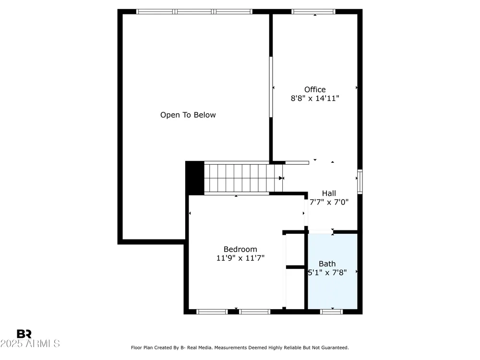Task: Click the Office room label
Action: (315, 89)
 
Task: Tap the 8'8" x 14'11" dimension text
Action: (315, 98)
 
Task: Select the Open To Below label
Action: (188, 115)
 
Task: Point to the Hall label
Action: (329, 193)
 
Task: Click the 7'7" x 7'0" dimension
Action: (329, 202)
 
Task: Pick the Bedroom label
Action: (240, 249)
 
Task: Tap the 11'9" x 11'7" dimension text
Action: (240, 258)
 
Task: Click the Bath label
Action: (327, 264)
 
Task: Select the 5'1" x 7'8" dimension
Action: (327, 273)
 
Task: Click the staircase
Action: (243, 178)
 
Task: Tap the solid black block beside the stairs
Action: (195, 178)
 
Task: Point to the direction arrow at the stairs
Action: (281, 178)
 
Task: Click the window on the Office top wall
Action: (313, 12)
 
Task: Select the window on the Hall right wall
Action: (360, 181)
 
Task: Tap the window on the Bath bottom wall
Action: (332, 312)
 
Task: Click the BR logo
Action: (24, 334)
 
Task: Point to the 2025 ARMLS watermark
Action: (30, 344)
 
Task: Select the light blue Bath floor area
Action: (333, 271)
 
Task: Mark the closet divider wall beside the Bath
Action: (295, 267)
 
